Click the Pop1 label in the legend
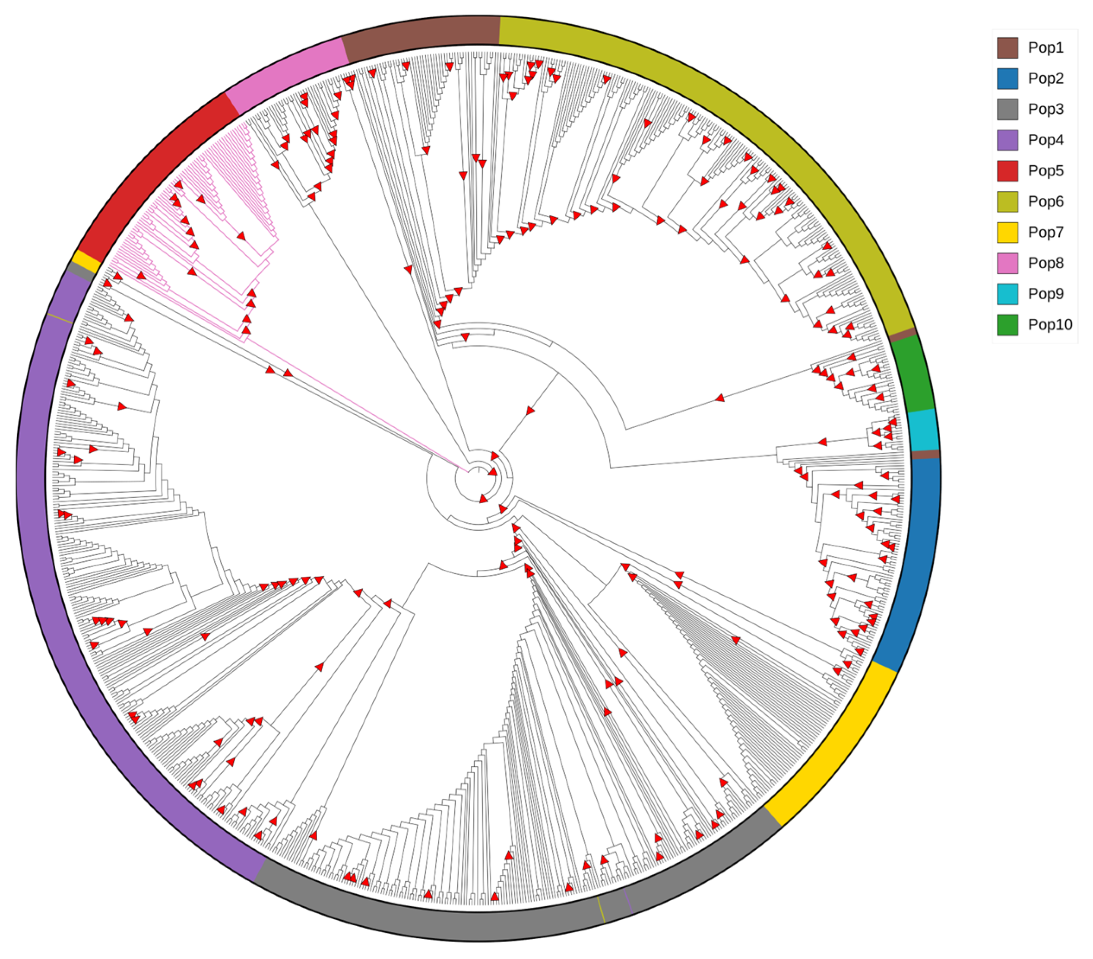coord(1045,48)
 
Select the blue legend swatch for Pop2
coord(1007,79)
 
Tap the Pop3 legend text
coord(1045,109)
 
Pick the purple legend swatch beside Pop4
coord(1007,140)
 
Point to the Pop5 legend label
coord(1045,171)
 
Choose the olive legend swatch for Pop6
coord(1007,202)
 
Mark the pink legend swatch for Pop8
coord(1007,263)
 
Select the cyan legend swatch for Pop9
coord(1007,294)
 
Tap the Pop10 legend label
coord(1050,325)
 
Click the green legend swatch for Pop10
coord(1007,325)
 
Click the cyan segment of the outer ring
coord(923,430)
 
